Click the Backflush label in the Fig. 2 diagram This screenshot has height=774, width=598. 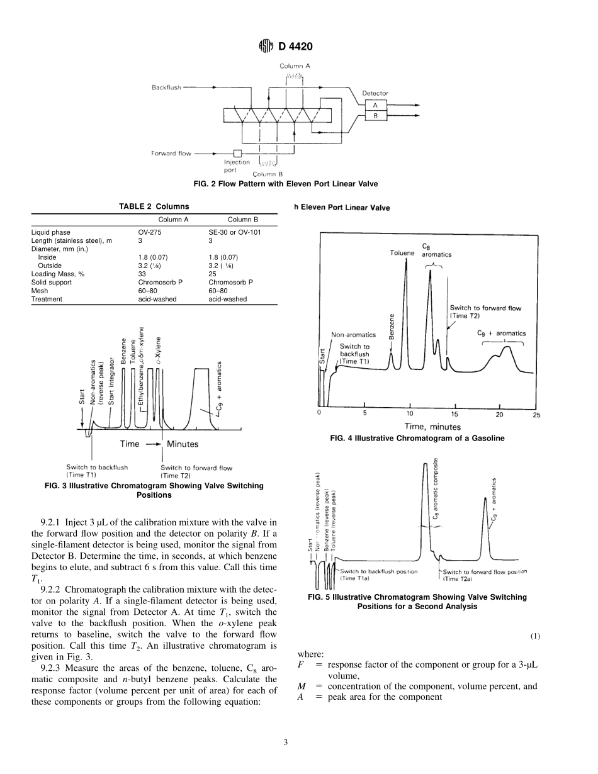(x=166, y=87)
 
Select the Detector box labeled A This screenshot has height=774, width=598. (x=375, y=106)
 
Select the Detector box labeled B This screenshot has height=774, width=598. (x=375, y=115)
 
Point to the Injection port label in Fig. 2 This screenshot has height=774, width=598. (x=237, y=165)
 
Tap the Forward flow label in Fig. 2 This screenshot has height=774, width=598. (x=171, y=153)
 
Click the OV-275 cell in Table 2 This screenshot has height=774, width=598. (x=149, y=232)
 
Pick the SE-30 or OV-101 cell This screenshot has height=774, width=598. (x=234, y=232)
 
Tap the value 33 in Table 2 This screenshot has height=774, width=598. (x=142, y=274)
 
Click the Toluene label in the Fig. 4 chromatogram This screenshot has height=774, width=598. (x=402, y=253)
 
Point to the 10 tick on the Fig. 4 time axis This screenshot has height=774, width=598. (x=410, y=414)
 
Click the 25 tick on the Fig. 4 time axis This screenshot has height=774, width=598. (x=536, y=414)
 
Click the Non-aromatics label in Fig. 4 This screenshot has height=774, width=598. (x=353, y=335)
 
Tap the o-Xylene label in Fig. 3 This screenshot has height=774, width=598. (x=158, y=351)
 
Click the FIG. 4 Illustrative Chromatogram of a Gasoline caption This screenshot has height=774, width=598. (x=417, y=439)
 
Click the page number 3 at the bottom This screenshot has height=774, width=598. (x=286, y=743)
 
